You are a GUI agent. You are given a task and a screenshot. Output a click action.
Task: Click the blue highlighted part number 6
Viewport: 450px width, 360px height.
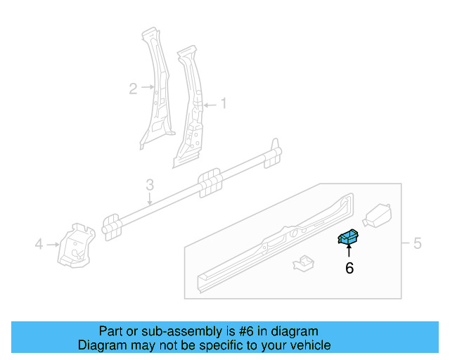(x=348, y=237)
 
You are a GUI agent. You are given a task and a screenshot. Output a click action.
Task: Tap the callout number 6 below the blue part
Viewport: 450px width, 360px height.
(x=349, y=267)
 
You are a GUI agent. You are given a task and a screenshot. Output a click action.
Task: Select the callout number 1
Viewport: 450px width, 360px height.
(x=224, y=104)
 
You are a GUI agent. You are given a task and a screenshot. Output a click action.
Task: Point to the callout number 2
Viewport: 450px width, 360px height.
(x=132, y=88)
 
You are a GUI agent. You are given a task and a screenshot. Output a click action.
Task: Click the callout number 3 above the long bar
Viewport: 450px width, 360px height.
(x=150, y=185)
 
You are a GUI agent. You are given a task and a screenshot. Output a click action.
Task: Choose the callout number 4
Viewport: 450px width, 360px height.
(x=39, y=244)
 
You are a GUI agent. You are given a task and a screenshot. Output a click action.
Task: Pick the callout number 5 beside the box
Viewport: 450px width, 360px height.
(x=417, y=244)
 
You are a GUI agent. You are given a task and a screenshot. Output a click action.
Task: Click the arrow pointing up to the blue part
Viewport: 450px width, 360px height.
(x=349, y=251)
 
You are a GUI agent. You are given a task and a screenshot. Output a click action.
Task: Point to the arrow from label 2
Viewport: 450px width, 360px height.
(x=147, y=87)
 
